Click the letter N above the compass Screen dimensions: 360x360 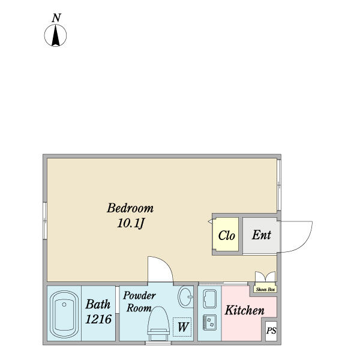click(56, 18)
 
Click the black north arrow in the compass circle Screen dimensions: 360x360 click(56, 35)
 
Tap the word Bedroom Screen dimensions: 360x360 click(130, 208)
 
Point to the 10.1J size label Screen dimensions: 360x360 click(131, 223)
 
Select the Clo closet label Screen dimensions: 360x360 click(226, 236)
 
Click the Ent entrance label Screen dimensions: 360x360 click(262, 235)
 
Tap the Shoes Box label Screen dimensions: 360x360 click(265, 290)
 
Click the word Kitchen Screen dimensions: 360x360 click(245, 310)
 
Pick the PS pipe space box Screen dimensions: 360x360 click(271, 331)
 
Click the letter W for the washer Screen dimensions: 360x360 click(183, 327)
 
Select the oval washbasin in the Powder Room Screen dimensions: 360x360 click(185, 296)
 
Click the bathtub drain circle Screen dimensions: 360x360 click(64, 304)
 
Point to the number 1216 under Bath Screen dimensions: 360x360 click(98, 319)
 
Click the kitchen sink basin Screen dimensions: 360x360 click(210, 298)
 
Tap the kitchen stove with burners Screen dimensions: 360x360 click(210, 322)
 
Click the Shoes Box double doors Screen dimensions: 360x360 click(265, 277)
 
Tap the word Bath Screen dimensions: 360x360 click(98, 304)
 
